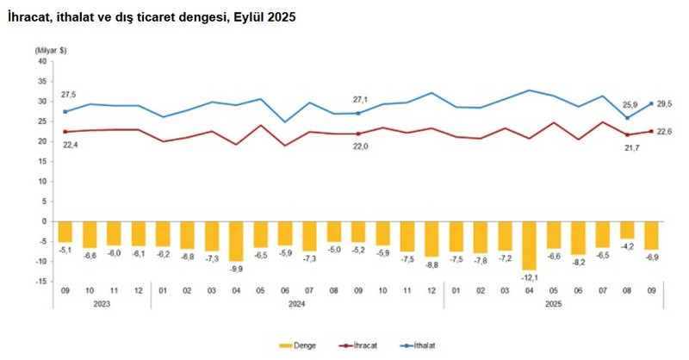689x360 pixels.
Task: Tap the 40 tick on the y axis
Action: coord(40,61)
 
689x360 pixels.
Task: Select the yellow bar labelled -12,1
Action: coord(529,245)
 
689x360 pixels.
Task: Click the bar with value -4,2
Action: coord(626,230)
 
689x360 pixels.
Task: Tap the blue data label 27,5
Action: coord(68,95)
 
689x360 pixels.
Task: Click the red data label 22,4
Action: coord(67,146)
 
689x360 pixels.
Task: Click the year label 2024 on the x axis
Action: coord(298,303)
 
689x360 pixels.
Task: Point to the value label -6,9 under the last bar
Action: coord(651,258)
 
